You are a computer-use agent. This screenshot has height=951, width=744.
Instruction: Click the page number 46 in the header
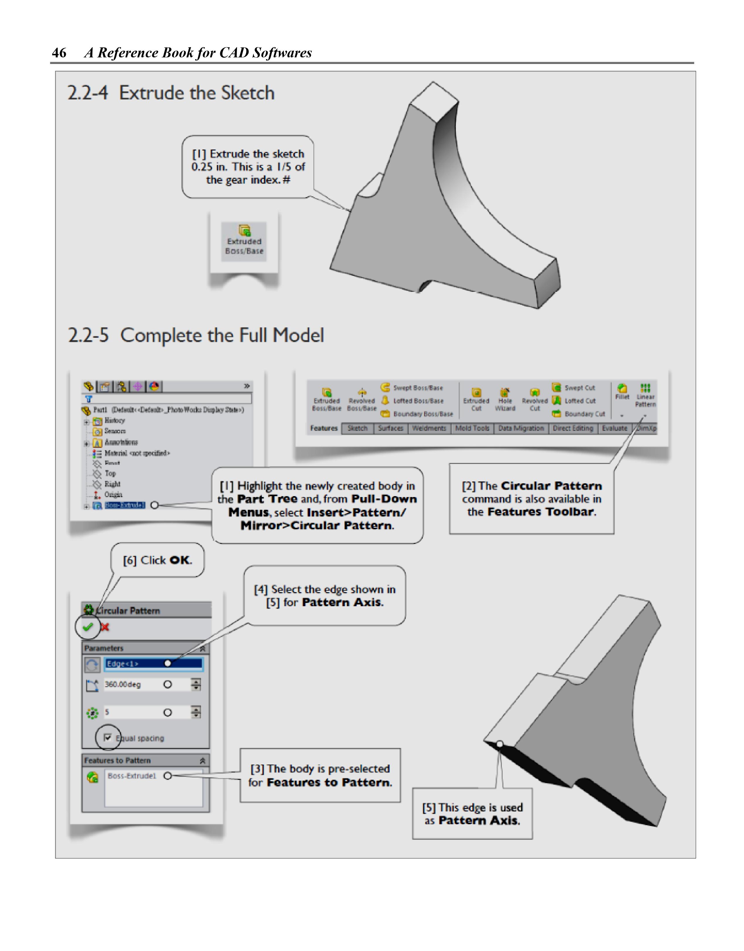(x=59, y=53)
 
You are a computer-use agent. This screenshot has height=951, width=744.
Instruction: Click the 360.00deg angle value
(x=123, y=685)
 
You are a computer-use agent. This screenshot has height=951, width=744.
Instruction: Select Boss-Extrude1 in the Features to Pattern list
(x=132, y=776)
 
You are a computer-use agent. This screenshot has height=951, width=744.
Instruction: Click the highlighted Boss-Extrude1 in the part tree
(x=125, y=505)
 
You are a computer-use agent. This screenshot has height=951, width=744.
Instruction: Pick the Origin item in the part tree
(x=113, y=495)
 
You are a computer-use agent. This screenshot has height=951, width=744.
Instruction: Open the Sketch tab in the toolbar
(x=357, y=429)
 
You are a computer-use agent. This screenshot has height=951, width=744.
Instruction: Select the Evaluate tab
(x=614, y=429)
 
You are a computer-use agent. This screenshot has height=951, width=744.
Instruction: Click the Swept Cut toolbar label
(x=579, y=388)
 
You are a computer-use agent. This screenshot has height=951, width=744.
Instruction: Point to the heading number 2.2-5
(x=88, y=335)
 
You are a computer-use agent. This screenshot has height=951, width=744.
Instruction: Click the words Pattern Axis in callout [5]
(x=479, y=821)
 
